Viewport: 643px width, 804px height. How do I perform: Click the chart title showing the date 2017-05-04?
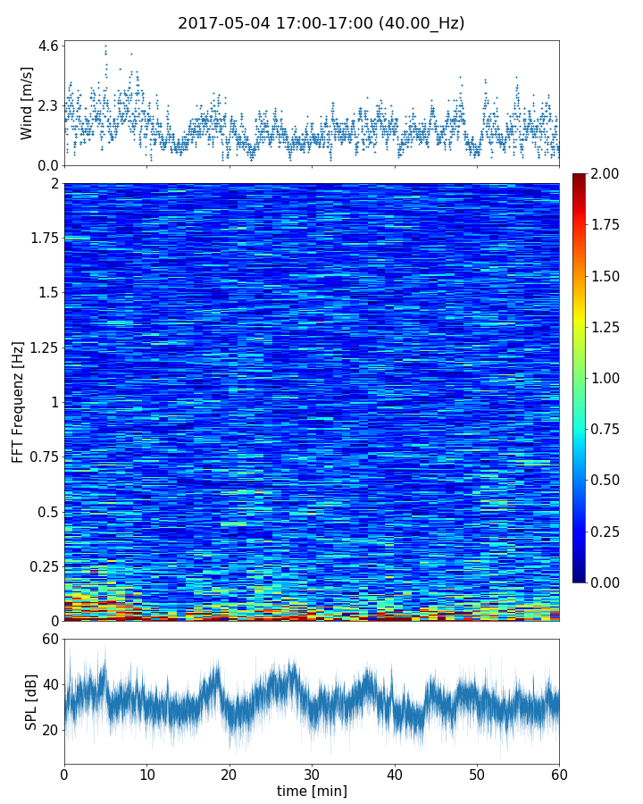(x=321, y=23)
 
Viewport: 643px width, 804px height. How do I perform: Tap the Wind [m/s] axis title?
(x=27, y=103)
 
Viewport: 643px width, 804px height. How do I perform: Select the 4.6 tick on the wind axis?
(x=48, y=46)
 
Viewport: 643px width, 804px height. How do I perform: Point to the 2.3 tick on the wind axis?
(x=48, y=105)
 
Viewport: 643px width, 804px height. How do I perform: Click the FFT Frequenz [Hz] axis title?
(x=18, y=402)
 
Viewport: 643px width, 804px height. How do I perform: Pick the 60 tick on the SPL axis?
(x=49, y=640)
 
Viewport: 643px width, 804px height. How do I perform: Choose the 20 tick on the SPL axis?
(x=49, y=730)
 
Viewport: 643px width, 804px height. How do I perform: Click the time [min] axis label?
(x=312, y=791)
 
